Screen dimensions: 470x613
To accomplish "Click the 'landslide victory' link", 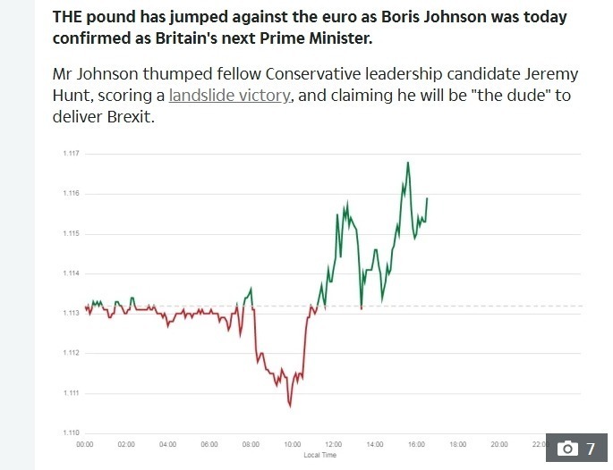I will [229, 96].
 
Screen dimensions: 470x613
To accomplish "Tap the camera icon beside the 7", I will [567, 449].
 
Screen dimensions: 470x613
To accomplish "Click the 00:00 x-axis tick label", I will [85, 444].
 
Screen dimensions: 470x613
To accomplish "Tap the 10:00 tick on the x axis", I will [292, 444].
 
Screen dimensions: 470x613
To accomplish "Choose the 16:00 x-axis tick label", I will [416, 444].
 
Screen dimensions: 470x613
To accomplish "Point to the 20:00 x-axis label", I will [498, 444].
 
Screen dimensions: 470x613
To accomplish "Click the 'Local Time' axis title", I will [319, 455].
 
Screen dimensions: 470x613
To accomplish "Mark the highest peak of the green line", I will [408, 163].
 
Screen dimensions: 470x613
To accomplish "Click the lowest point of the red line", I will [290, 406].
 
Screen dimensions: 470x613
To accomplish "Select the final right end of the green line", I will [427, 197].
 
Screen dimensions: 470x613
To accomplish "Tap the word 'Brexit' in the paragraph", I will [130, 118].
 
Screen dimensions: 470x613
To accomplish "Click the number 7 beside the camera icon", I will [590, 449].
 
